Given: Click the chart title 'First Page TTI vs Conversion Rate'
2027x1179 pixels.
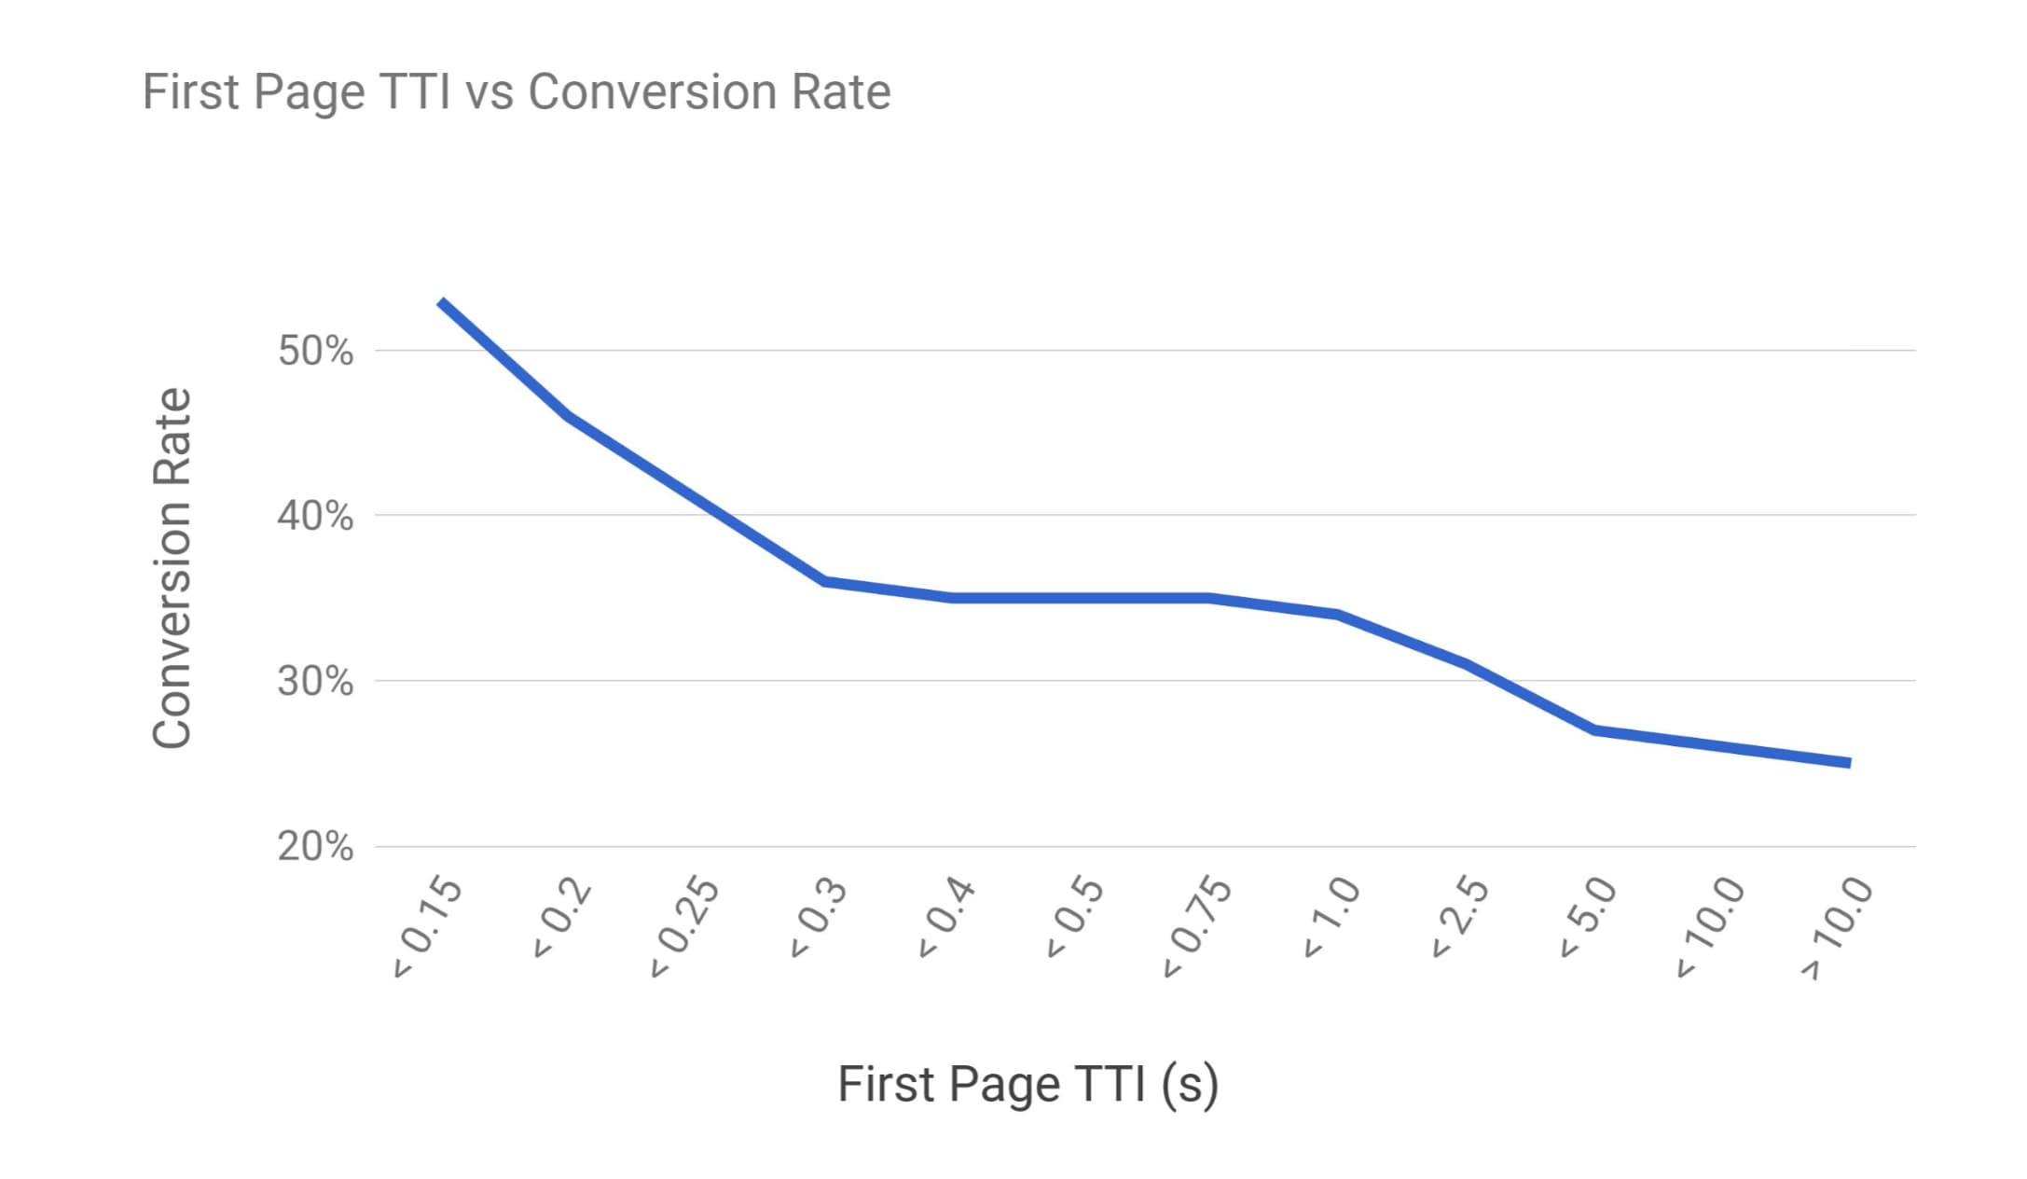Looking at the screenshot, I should coord(516,92).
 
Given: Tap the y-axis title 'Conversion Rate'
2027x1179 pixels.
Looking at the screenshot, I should coord(172,568).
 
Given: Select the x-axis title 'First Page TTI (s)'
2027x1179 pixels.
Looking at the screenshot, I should coord(1027,1085).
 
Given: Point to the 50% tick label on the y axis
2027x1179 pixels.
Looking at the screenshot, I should coord(315,352).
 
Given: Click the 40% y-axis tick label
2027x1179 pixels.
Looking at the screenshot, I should coord(315,516).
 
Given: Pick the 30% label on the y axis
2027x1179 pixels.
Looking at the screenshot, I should coord(315,682).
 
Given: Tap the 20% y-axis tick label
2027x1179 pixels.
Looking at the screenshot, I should coord(315,847).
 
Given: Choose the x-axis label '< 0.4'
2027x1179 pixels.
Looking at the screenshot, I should coord(945,919).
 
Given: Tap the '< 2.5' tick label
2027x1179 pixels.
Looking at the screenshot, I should coord(1459,919).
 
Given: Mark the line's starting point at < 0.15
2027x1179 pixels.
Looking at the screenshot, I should coord(441,301).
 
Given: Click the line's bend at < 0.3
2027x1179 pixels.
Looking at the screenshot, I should coord(825,581).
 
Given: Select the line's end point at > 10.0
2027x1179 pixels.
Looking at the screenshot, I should coord(1849,763).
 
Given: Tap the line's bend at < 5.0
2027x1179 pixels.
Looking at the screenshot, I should coord(1594,729).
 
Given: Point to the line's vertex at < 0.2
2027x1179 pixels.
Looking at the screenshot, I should coord(569,416).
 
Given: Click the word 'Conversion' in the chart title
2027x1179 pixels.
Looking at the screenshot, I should coord(652,92).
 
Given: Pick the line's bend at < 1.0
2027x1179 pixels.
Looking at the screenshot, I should coord(1338,614).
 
